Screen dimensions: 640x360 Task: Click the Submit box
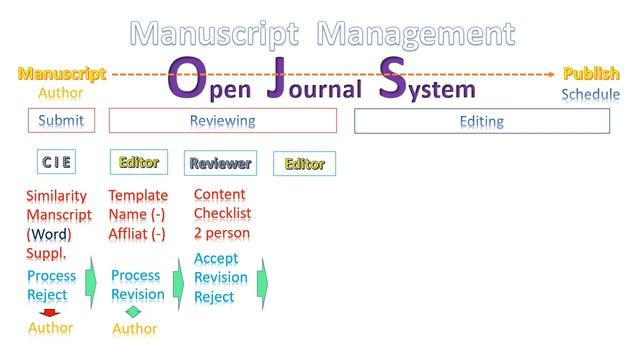pos(61,121)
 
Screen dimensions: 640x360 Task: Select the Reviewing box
pos(222,121)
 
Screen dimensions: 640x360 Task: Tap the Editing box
pos(481,121)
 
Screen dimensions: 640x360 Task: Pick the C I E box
pos(56,162)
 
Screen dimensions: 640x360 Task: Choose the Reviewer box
pos(220,163)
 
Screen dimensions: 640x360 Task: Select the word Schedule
pos(590,95)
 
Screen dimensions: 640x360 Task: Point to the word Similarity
pos(56,196)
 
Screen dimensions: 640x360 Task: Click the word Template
pos(138,196)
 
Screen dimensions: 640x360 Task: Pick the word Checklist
pos(222,214)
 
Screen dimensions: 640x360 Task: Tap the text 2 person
pos(222,233)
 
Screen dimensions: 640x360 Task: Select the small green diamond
pos(133,311)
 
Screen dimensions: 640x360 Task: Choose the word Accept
pos(216,258)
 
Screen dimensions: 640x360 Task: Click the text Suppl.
pos(46,253)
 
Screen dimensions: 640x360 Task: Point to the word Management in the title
pos(415,33)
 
